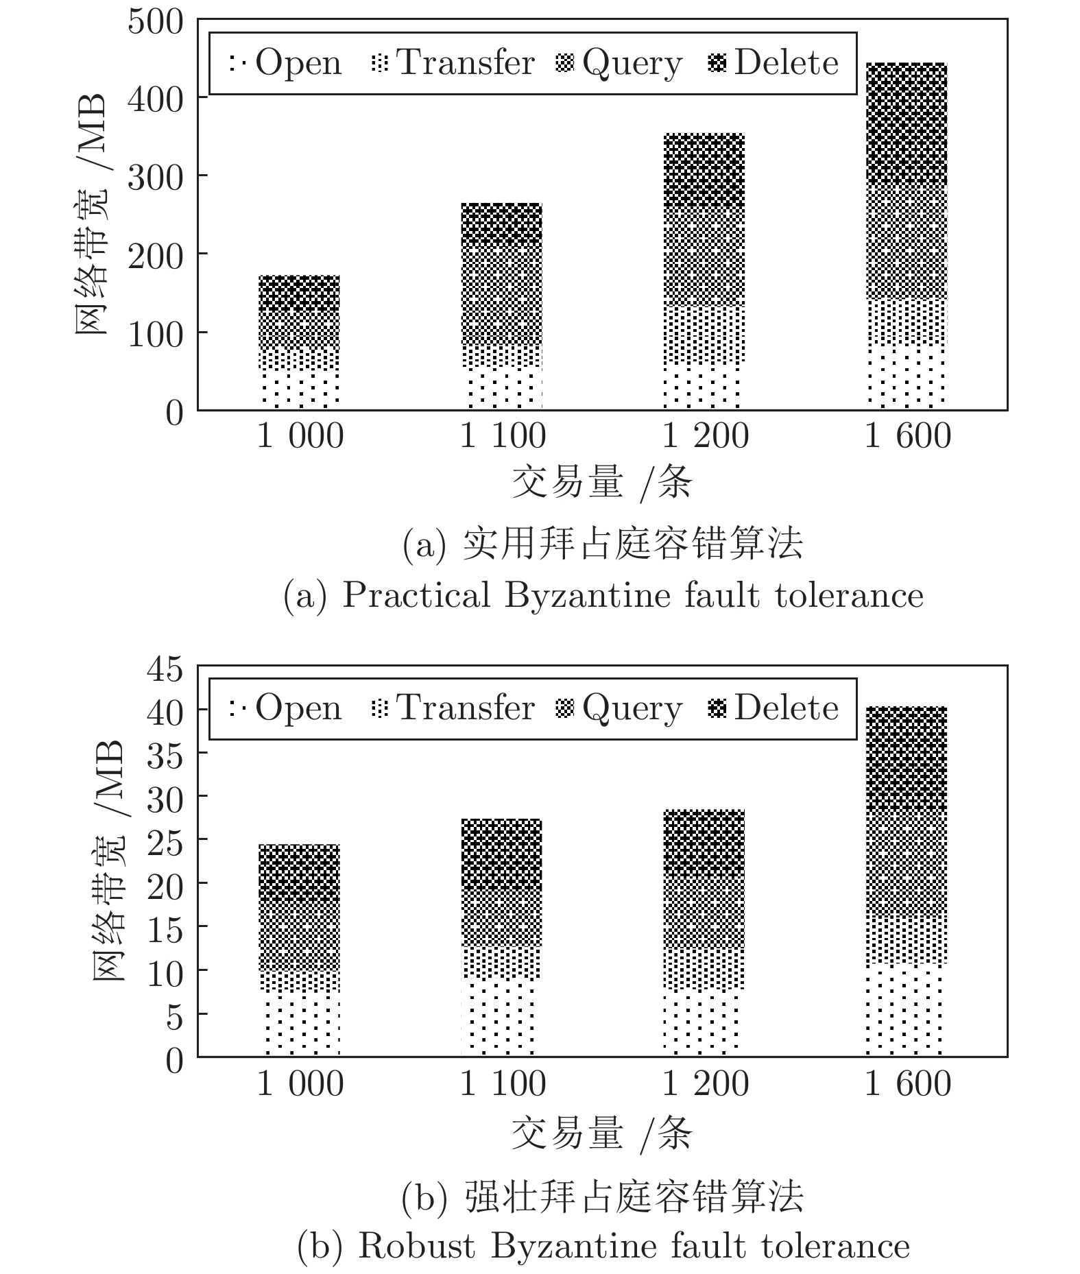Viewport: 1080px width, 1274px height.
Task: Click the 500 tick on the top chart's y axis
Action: click(x=156, y=22)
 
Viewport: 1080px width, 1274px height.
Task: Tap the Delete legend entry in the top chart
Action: click(x=773, y=63)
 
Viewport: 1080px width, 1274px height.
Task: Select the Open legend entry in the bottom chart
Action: click(x=286, y=708)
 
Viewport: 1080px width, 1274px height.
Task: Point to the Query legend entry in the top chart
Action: click(x=619, y=63)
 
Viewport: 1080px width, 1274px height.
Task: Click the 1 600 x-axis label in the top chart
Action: click(x=907, y=436)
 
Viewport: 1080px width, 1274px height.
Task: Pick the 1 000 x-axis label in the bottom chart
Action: click(x=300, y=1083)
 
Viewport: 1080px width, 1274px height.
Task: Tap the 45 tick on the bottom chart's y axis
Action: click(x=165, y=669)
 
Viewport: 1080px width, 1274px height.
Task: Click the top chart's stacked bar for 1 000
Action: click(x=300, y=343)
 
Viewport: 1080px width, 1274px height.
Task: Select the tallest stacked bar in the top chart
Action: click(x=907, y=237)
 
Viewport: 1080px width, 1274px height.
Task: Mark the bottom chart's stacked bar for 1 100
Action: click(x=501, y=937)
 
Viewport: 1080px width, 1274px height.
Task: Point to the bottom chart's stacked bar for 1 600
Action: click(x=907, y=881)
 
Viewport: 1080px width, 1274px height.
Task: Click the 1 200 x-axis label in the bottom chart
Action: click(x=705, y=1083)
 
